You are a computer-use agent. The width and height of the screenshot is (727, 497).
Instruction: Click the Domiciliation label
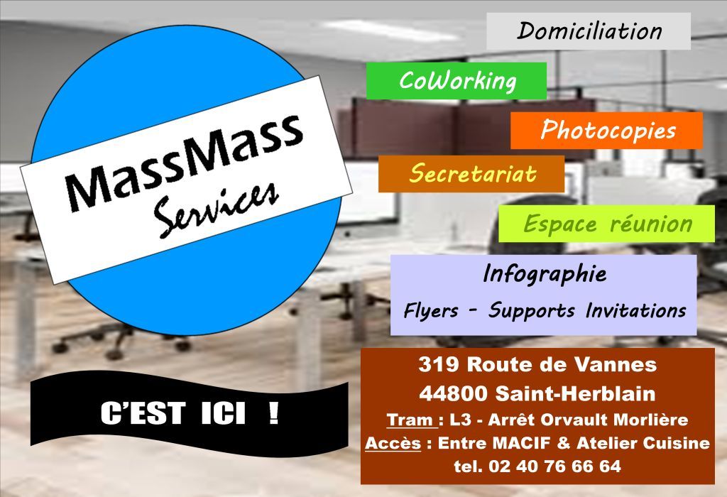[589, 31]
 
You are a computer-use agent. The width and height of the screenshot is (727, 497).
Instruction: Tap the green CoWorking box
[457, 81]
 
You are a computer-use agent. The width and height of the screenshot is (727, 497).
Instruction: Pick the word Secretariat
[472, 173]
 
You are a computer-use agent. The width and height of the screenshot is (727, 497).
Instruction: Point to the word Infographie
[545, 273]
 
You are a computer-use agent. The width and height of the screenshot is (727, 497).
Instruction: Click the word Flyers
[431, 311]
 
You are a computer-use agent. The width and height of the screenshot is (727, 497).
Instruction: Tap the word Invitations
[635, 310]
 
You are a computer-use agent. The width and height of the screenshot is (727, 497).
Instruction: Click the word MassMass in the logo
[185, 160]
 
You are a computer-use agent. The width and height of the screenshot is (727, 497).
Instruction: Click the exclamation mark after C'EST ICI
[274, 413]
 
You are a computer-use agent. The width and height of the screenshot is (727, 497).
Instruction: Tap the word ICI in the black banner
[223, 413]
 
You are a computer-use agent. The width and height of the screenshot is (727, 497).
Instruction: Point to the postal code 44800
[454, 393]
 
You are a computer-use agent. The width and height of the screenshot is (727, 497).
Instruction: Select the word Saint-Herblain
[575, 393]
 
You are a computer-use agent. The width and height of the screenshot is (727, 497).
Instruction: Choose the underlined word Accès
[393, 443]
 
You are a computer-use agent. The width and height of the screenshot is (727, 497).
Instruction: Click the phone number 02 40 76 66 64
[554, 466]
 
